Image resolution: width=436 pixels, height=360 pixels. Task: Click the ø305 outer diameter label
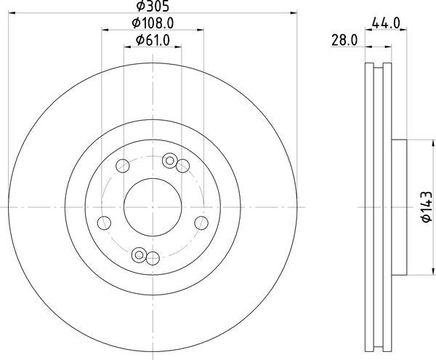tap(153, 7)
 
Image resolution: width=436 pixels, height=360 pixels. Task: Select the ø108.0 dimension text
tap(153, 23)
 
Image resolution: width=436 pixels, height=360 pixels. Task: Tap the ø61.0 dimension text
tap(153, 41)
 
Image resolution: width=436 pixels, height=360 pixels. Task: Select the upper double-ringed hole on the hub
tap(170, 160)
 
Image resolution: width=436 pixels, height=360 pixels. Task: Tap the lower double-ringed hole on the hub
tap(140, 255)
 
